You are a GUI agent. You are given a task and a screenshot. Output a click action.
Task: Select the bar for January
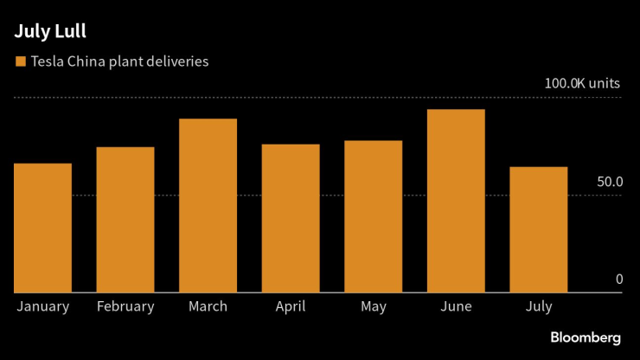42,228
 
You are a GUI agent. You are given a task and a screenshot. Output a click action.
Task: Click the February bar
125,220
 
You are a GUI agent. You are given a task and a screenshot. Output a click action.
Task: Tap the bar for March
208,206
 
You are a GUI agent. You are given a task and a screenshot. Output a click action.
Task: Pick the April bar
291,218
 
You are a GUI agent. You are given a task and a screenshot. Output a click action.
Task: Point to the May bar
373,216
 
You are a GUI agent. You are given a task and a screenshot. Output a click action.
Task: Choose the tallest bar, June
456,201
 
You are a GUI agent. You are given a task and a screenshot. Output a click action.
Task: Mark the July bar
538,229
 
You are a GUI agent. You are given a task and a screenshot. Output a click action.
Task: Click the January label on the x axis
42,306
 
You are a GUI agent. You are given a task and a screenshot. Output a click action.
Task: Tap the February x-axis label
125,306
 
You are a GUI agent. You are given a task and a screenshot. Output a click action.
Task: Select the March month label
208,306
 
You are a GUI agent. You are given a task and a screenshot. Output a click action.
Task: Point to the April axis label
291,306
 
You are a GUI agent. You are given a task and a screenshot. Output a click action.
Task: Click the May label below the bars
373,306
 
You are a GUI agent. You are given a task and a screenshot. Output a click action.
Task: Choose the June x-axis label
456,306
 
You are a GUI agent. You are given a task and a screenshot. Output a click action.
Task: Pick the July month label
538,306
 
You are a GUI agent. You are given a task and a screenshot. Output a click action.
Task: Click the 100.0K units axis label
582,84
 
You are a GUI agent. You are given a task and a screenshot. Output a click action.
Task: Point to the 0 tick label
618,280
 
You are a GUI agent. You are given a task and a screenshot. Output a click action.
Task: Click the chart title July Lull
49,33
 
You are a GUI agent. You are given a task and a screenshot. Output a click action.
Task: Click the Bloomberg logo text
585,337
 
